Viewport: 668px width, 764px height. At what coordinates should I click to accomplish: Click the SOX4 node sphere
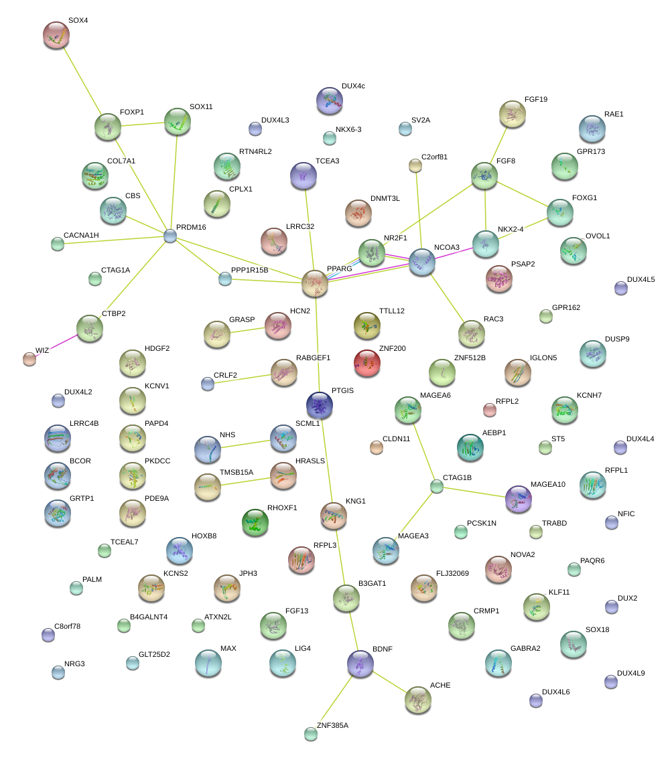[x=56, y=35]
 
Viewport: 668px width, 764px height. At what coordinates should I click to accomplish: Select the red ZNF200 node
[x=366, y=362]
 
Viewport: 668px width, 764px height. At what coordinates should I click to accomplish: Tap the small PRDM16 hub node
[x=170, y=236]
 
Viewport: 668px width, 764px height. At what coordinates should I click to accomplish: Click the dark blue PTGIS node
[x=320, y=404]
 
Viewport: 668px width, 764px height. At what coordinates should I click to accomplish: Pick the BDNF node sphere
[x=360, y=662]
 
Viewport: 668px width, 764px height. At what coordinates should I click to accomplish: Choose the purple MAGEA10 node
[x=518, y=498]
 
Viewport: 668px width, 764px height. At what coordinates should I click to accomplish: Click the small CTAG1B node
[x=437, y=487]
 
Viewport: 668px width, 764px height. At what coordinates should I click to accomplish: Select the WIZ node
[x=29, y=358]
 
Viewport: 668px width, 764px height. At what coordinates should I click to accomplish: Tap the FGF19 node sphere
[x=513, y=114]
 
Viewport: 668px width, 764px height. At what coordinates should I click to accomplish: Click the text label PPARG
[x=339, y=269]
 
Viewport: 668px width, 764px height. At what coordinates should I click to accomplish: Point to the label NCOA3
[x=447, y=247]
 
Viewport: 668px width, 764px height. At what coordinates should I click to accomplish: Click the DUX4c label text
[x=353, y=86]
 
